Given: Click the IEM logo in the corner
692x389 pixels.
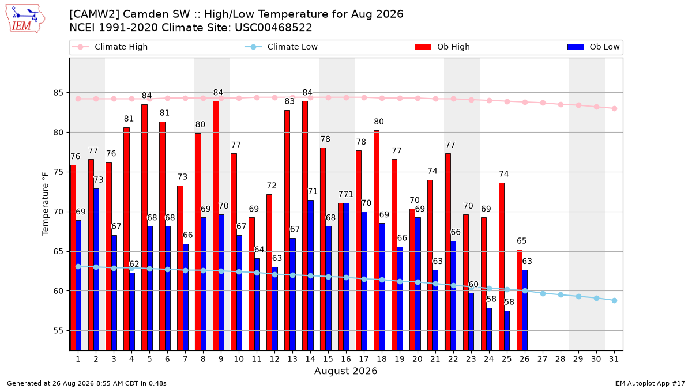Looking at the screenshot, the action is (25, 19).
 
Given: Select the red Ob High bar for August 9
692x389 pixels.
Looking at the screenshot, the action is (216, 226).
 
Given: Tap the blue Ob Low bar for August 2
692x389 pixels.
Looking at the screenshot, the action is (96, 270).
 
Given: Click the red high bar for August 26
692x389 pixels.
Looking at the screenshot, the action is (520, 300).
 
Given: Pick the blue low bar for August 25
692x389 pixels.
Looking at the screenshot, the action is (507, 331).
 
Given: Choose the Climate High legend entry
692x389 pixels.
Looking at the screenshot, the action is (110, 47).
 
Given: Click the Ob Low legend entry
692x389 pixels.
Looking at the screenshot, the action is (593, 47).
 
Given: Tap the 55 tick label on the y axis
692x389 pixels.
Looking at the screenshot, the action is (58, 331).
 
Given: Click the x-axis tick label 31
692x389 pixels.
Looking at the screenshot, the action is (614, 359).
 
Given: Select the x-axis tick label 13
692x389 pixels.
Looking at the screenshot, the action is (292, 359).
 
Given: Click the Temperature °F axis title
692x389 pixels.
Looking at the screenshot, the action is (46, 204).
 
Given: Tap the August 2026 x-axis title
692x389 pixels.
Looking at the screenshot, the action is (345, 371).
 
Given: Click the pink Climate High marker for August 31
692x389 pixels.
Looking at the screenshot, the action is (614, 109).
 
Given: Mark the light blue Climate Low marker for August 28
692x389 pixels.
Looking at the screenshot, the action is (561, 295).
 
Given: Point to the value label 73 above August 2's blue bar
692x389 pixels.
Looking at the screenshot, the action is (99, 180).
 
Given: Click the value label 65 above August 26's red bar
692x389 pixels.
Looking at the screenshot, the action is (522, 241).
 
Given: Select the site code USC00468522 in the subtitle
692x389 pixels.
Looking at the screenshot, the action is (273, 28).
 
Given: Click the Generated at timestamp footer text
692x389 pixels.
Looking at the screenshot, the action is (86, 383).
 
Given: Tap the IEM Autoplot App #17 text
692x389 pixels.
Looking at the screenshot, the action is (649, 383).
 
